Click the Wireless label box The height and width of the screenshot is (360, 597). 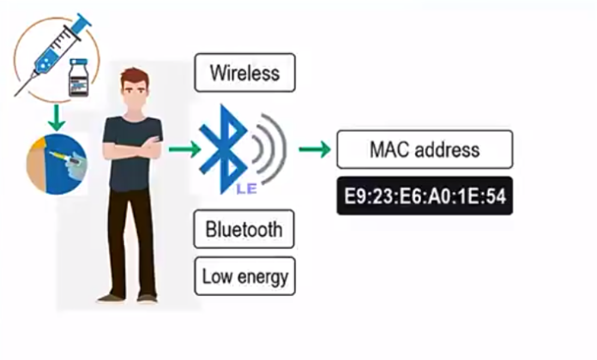tap(244, 72)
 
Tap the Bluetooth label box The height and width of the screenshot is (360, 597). tap(244, 229)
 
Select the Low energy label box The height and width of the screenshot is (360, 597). tap(244, 276)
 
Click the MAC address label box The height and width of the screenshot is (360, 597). tap(424, 149)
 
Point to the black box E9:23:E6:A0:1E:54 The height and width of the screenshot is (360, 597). tap(424, 196)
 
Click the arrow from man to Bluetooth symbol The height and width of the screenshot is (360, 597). tap(183, 150)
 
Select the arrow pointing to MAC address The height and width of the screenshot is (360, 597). tap(314, 150)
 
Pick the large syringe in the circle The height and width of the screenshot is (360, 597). tap(51, 51)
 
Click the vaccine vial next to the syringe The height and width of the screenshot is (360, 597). tap(80, 79)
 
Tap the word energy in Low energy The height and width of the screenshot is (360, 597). tap(262, 276)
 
